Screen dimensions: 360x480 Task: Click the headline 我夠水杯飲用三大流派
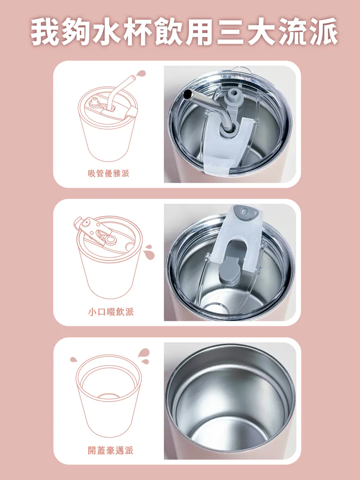coord(184,32)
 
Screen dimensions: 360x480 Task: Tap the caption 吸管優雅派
coord(108,174)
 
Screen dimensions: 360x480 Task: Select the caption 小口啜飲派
coord(111,312)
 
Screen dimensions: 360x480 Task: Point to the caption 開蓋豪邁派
coord(111,450)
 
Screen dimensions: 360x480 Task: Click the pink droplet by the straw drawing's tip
coord(141,73)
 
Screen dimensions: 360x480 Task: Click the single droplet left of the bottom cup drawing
coord(73,359)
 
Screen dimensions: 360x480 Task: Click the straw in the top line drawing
coord(121,91)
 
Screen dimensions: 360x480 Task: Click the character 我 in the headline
coord(45,32)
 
